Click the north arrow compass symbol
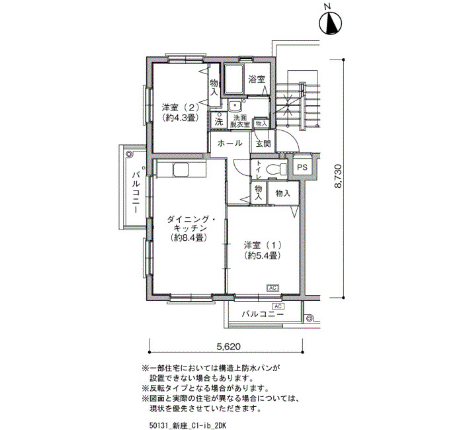pos(331,22)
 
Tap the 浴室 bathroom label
pos(257,79)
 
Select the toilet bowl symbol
pos(276,169)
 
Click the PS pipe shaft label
pos(302,167)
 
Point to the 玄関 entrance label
pos(263,144)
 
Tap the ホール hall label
pos(230,144)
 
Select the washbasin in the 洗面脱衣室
pos(235,105)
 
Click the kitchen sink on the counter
pos(181,169)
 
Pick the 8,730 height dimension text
pos(338,177)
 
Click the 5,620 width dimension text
pos(229,347)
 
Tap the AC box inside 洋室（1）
pos(273,287)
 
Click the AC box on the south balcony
pos(278,306)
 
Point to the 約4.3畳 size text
pos(180,118)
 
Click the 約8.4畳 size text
pos(188,237)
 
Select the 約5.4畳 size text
pos(262,256)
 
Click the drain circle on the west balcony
pos(130,154)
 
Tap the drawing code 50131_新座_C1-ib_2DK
pos(188,425)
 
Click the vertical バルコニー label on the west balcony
pos(136,193)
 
